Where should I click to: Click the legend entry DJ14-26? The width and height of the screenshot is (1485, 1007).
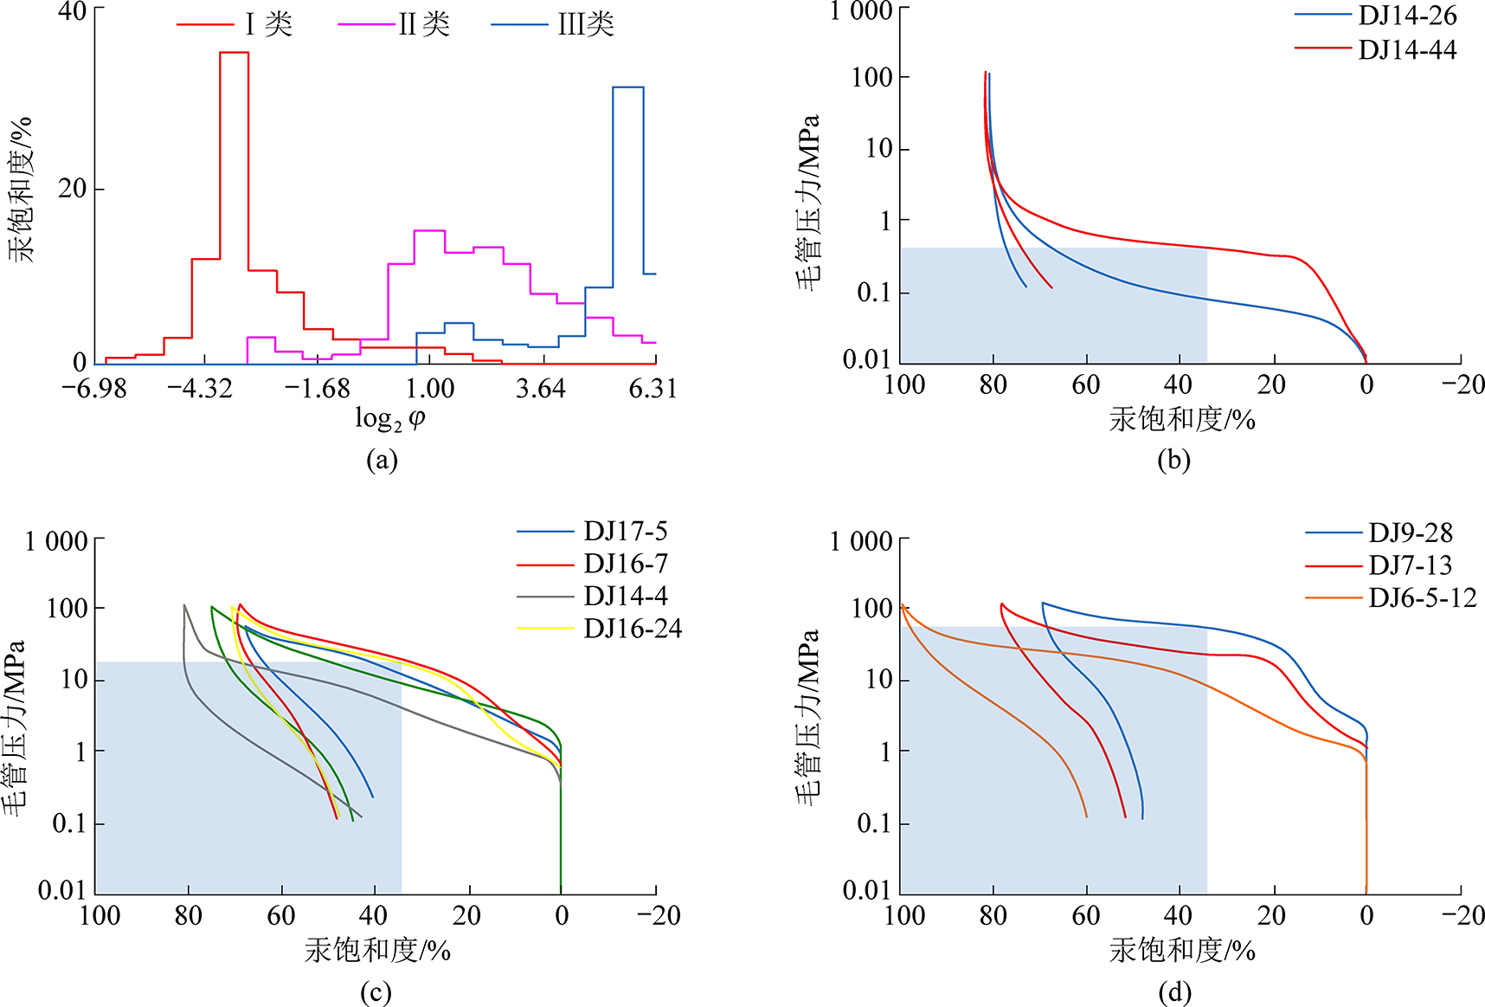pyautogui.click(x=1407, y=16)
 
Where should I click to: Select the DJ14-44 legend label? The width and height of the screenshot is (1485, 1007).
pyautogui.click(x=1407, y=49)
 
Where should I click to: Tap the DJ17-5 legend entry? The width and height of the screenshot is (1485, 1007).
pyautogui.click(x=625, y=531)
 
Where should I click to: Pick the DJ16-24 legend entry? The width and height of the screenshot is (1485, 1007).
pyautogui.click(x=632, y=628)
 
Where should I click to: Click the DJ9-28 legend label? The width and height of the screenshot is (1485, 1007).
pyautogui.click(x=1410, y=533)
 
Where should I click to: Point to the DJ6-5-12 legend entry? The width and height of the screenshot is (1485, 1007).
pyautogui.click(x=1422, y=597)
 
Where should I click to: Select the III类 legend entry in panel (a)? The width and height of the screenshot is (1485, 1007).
pyautogui.click(x=585, y=24)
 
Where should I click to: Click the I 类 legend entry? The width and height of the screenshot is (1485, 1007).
pyautogui.click(x=268, y=24)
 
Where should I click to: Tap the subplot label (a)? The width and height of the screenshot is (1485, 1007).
pyautogui.click(x=382, y=460)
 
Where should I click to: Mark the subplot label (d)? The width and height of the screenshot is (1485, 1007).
pyautogui.click(x=1174, y=991)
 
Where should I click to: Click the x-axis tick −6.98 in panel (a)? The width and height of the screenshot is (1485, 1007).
pyautogui.click(x=94, y=388)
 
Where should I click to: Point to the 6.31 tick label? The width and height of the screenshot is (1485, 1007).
pyautogui.click(x=652, y=388)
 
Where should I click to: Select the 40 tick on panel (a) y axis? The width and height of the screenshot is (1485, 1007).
pyautogui.click(x=73, y=11)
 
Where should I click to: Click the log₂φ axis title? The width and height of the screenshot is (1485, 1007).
pyautogui.click(x=390, y=419)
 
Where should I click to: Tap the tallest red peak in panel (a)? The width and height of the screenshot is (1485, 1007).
pyautogui.click(x=234, y=53)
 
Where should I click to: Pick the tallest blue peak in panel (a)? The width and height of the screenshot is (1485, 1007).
pyautogui.click(x=627, y=87)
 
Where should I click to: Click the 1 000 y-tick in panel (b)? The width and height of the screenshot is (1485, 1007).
pyautogui.click(x=861, y=11)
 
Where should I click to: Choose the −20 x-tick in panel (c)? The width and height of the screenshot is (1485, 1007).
pyautogui.click(x=659, y=915)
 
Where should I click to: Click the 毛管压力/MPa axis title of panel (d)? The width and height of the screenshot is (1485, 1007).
pyautogui.click(x=808, y=719)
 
